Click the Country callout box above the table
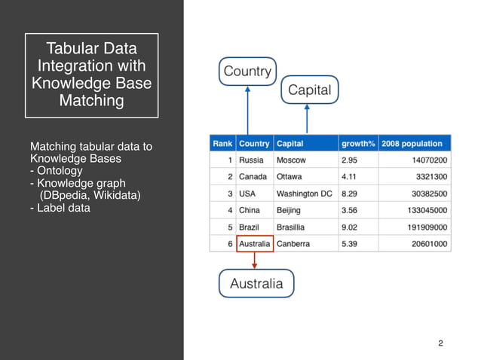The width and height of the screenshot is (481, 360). tap(247, 72)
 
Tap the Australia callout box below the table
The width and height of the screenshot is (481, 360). tap(256, 283)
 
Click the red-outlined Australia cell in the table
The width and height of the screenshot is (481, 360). tap(254, 244)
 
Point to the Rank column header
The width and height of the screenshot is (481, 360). tap(222, 143)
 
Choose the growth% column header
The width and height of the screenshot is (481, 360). tap(358, 143)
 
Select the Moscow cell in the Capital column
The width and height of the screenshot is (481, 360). tap(291, 160)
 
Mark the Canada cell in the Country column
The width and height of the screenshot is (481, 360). tap(253, 177)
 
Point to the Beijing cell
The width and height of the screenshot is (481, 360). tap(289, 210)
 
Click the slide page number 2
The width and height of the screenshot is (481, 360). tap(440, 344)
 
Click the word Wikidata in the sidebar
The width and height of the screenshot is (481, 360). tap(115, 195)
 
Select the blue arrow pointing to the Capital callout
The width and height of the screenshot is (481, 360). tap(306, 118)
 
